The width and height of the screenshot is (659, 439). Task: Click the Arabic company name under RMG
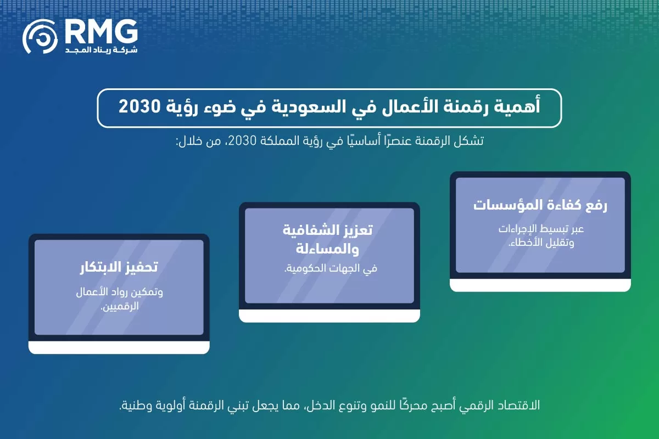coord(101,50)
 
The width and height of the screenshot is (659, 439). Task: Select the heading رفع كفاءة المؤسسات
coord(540,206)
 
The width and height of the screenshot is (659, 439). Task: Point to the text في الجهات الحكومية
coord(329,268)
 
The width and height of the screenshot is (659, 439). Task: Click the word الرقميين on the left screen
coord(121,306)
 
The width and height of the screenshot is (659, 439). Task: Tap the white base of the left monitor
coord(119,347)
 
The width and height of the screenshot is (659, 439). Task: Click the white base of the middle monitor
coord(329,315)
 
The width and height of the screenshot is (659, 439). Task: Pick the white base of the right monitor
coord(540,284)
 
